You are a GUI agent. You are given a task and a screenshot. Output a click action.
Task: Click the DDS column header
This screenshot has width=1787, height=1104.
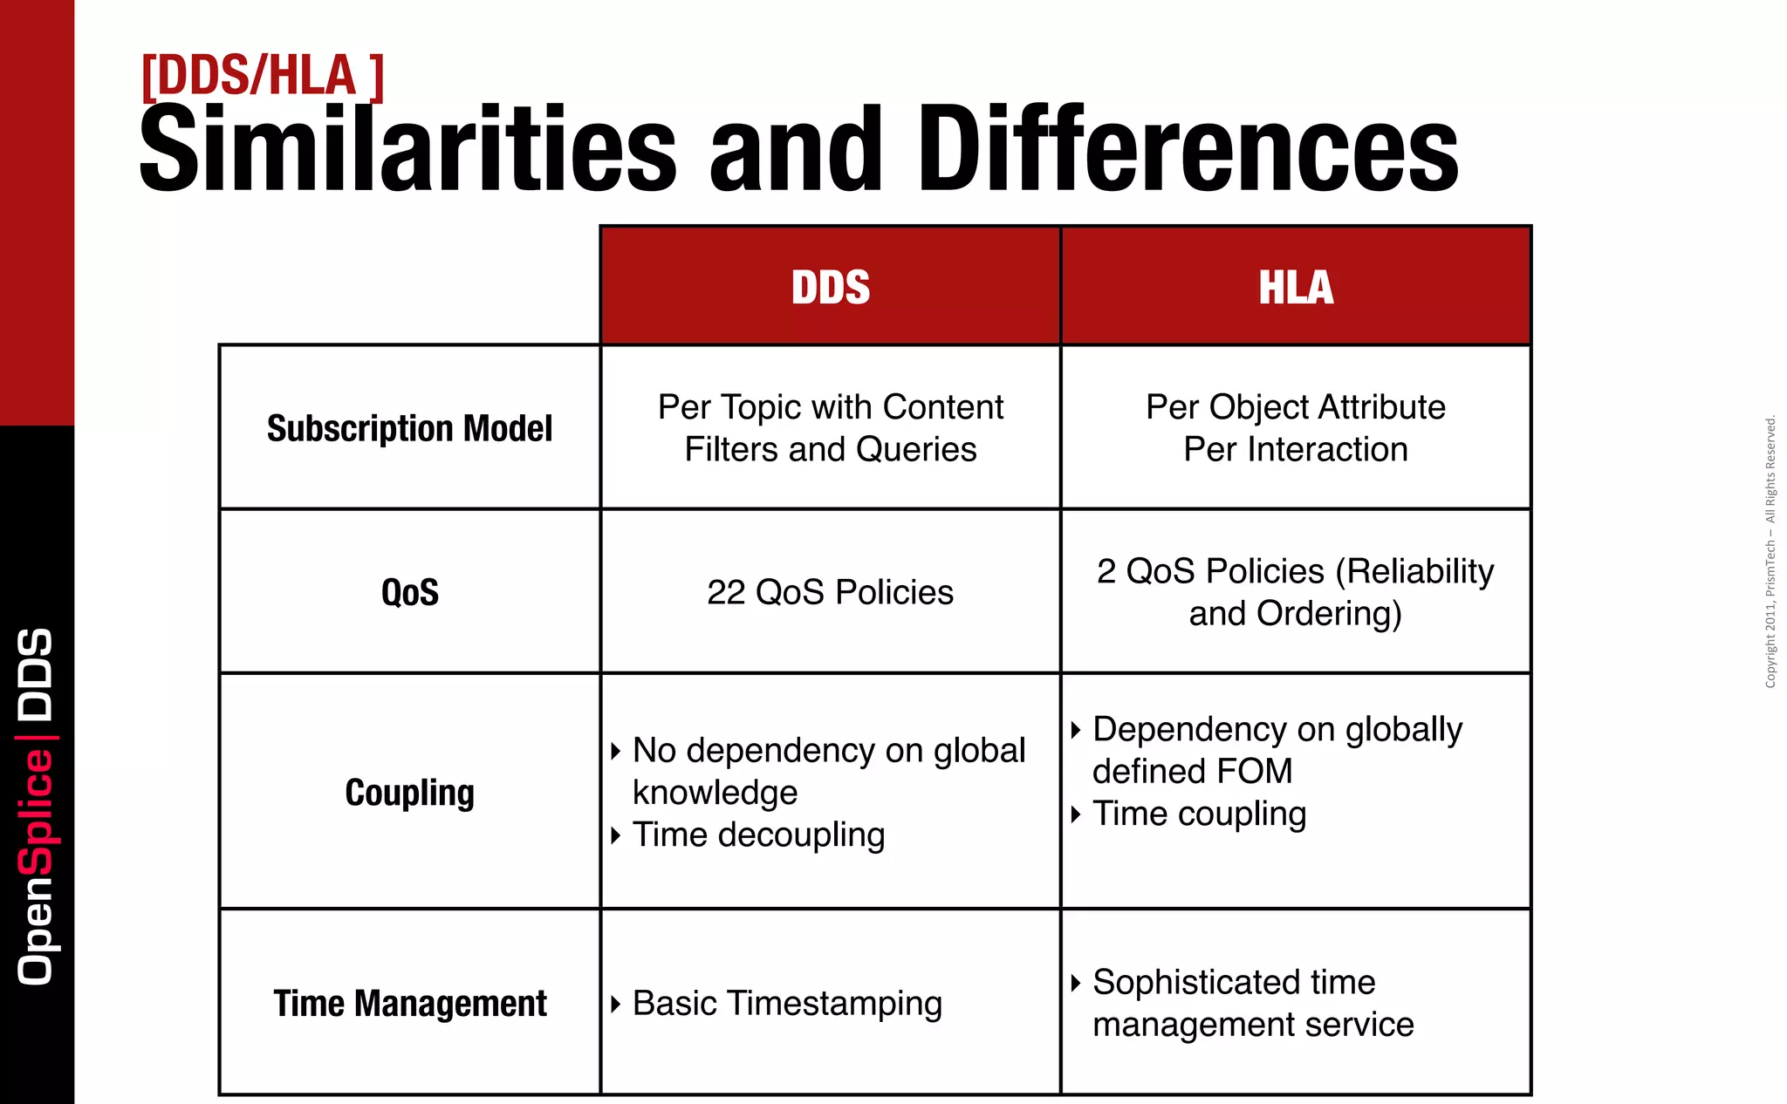(x=830, y=287)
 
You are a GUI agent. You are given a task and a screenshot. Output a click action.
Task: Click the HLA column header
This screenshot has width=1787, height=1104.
(x=1296, y=287)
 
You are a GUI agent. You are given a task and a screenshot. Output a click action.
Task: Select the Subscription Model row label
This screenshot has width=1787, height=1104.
(x=409, y=428)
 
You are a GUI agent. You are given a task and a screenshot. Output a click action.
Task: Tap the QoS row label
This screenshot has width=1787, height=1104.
(x=409, y=593)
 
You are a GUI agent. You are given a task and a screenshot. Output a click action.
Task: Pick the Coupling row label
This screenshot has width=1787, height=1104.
(x=409, y=793)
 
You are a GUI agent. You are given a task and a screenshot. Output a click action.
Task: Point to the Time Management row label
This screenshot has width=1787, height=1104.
(x=409, y=1004)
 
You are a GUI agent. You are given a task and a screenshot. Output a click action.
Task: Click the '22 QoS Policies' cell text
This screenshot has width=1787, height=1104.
(x=830, y=593)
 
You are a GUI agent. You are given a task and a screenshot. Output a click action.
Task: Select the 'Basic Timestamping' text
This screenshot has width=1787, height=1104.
(x=787, y=1004)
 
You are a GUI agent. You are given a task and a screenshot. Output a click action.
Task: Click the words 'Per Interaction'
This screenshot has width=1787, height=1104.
(x=1296, y=450)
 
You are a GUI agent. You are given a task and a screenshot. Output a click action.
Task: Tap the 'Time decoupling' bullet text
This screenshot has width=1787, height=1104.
(x=758, y=835)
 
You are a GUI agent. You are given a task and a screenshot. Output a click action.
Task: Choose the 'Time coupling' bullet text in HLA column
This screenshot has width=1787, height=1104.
(x=1199, y=814)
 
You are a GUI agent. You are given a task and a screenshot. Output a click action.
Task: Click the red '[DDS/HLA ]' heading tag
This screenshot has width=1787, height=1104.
(x=262, y=77)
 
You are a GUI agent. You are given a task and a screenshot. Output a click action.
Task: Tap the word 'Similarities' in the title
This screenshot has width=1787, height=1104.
(x=407, y=148)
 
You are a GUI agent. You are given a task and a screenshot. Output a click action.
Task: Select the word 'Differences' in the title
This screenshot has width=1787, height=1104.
(x=1188, y=148)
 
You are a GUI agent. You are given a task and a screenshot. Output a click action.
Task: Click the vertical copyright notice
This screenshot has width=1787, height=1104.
(x=1770, y=552)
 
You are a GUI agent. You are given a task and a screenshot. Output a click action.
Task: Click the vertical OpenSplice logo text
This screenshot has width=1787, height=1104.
(x=37, y=807)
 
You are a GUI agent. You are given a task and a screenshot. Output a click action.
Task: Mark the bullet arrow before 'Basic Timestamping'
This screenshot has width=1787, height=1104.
(x=616, y=1005)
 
